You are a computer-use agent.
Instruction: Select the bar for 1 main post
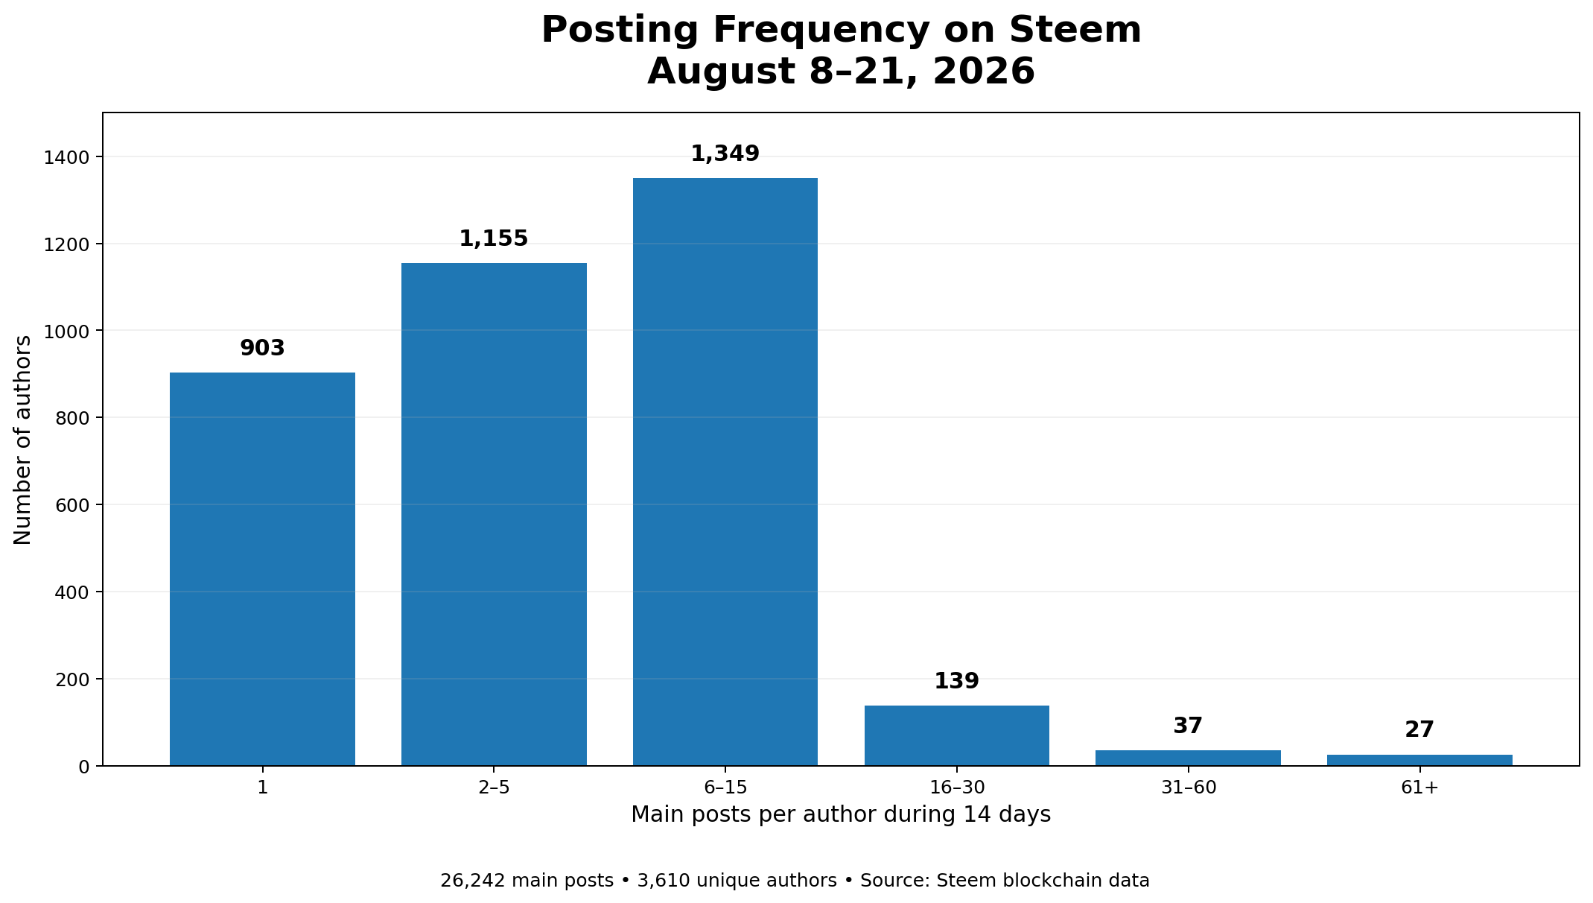tap(262, 569)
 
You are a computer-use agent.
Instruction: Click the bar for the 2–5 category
tap(494, 514)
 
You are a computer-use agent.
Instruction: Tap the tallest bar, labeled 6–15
tap(725, 472)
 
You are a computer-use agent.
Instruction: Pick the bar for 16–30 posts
tap(957, 735)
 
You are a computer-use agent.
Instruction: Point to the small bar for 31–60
tap(1188, 758)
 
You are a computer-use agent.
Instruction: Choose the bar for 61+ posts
tap(1419, 760)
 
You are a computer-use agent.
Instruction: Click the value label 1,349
tap(725, 154)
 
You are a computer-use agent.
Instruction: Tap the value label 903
tap(262, 348)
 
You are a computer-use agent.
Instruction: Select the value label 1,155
tap(494, 239)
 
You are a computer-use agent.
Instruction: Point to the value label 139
tap(957, 681)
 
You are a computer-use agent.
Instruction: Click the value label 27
tap(1419, 730)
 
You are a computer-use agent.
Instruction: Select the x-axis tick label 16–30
tap(957, 788)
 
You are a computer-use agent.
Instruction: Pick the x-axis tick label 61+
tap(1419, 788)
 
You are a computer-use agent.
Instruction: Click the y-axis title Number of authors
tap(22, 440)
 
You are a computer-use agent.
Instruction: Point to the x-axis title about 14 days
tap(841, 815)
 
